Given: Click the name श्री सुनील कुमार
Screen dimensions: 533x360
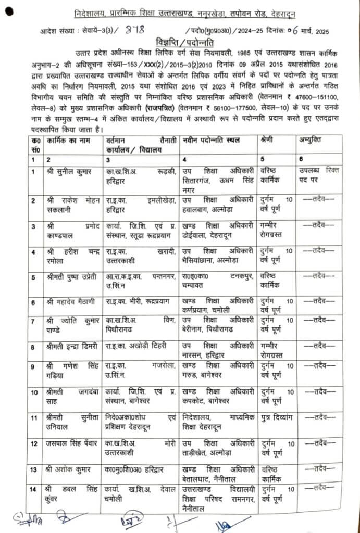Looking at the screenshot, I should click(69, 170).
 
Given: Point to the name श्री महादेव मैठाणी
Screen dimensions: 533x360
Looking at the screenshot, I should click(70, 302).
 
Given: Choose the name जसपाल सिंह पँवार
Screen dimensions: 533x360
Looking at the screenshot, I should click(71, 443).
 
